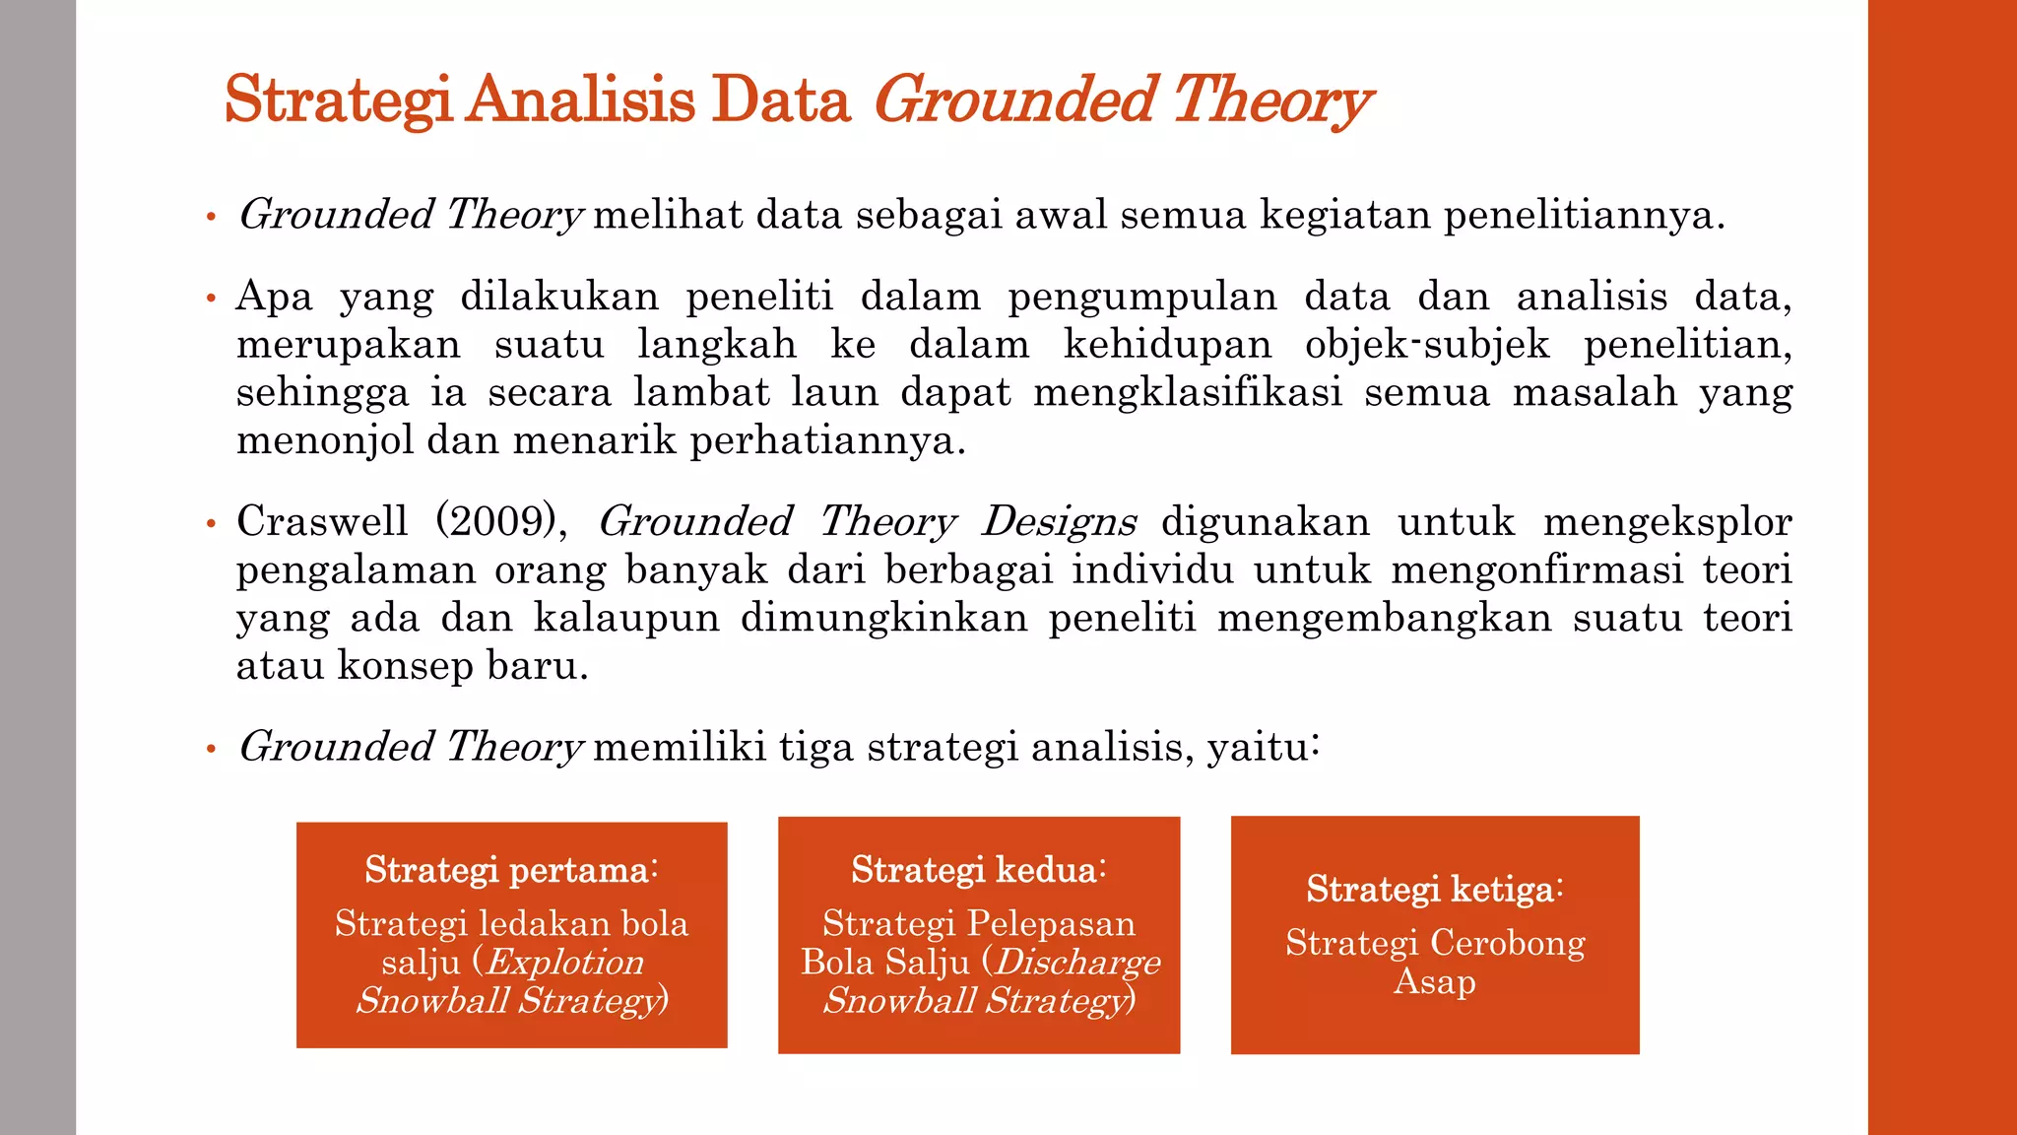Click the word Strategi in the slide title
[x=338, y=100]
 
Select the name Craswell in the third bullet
[x=321, y=521]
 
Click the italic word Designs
[x=1059, y=521]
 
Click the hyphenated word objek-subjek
[x=1427, y=345]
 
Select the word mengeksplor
[x=1666, y=521]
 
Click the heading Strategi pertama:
[x=511, y=870]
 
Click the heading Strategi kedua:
[x=979, y=870]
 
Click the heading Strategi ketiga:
[x=1435, y=889]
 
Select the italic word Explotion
[x=564, y=962]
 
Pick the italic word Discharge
[x=1076, y=962]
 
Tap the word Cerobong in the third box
[x=1507, y=943]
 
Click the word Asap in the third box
[x=1435, y=981]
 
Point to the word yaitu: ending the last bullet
[x=1263, y=747]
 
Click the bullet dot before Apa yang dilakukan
[x=211, y=298]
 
